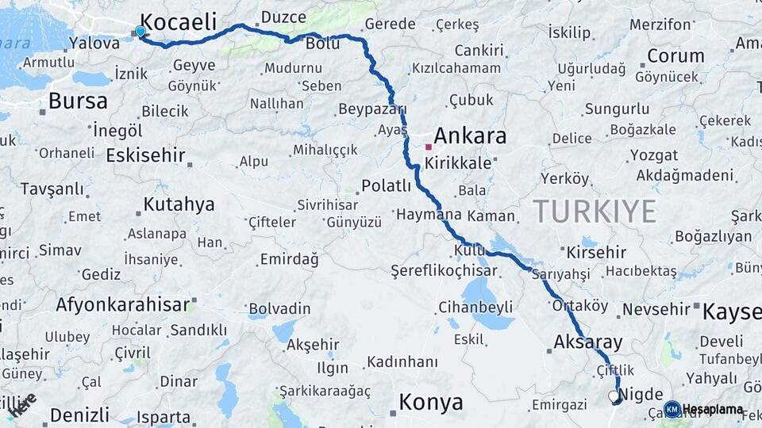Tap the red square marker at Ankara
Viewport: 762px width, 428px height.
click(429, 147)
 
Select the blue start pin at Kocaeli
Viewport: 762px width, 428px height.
click(140, 31)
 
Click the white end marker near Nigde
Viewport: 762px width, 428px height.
click(613, 396)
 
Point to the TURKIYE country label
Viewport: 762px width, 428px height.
click(595, 212)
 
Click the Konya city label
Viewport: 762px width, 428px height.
click(431, 402)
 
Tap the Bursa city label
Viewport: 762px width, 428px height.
click(78, 101)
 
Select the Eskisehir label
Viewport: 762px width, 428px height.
click(145, 155)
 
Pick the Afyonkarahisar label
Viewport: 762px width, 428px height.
click(123, 304)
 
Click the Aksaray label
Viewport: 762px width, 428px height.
click(588, 342)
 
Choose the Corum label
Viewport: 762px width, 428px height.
click(675, 55)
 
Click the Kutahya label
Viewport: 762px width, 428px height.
click(179, 204)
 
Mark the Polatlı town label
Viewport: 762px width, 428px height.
click(387, 185)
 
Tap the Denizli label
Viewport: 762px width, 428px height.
click(79, 415)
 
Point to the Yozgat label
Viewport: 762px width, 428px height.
click(654, 155)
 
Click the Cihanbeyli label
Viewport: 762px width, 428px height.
click(474, 307)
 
